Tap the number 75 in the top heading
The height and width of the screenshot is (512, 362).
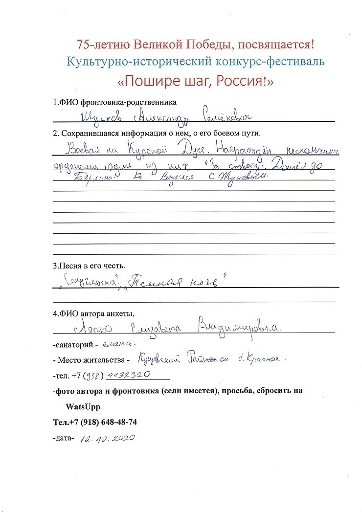click(x=84, y=45)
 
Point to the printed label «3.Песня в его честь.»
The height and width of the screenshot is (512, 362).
click(x=89, y=266)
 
